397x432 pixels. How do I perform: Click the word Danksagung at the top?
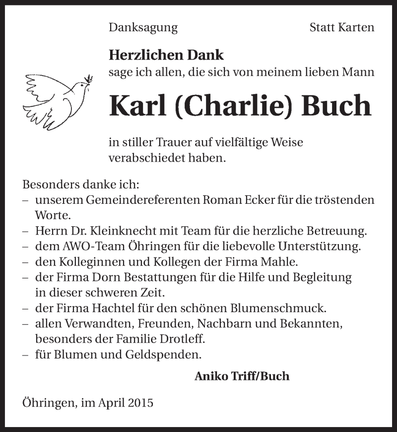pos(143,28)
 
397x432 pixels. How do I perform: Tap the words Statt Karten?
pos(342,28)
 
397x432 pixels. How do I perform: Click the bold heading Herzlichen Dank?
pos(166,55)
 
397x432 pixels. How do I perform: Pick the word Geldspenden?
pos(162,355)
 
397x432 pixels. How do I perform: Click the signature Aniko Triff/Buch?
pos(242,376)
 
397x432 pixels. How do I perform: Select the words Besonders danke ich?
pos(81,184)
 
